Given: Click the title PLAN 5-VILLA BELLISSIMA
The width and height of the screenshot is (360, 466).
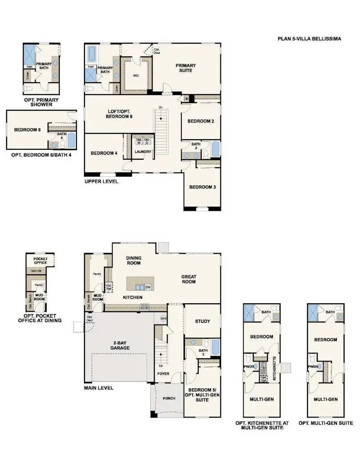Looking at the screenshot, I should (x=309, y=39).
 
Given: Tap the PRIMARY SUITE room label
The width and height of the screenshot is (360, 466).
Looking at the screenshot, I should (x=185, y=68).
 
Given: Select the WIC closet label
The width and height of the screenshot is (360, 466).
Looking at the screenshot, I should (x=136, y=76).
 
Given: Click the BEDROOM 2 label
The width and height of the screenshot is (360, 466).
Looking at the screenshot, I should (x=201, y=121).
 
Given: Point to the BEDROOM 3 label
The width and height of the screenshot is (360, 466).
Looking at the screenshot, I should (x=202, y=187).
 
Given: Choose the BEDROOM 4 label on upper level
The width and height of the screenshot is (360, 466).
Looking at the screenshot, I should (x=104, y=153).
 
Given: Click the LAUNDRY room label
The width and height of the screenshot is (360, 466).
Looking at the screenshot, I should (x=143, y=152).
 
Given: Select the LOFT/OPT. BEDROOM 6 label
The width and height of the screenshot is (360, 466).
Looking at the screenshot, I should (x=119, y=113).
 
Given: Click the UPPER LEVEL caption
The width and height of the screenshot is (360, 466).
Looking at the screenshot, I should (x=101, y=181).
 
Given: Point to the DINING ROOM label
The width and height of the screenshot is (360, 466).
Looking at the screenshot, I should (x=133, y=260).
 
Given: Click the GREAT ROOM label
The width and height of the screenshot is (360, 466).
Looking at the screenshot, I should (x=188, y=279).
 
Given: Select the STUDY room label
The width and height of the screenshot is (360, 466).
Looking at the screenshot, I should (x=202, y=321).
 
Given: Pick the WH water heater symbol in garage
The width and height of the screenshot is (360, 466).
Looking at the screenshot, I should (x=163, y=318).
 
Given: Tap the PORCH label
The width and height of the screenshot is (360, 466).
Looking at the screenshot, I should (x=168, y=398).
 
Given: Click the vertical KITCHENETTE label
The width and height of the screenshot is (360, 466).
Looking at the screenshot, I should (x=275, y=370).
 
